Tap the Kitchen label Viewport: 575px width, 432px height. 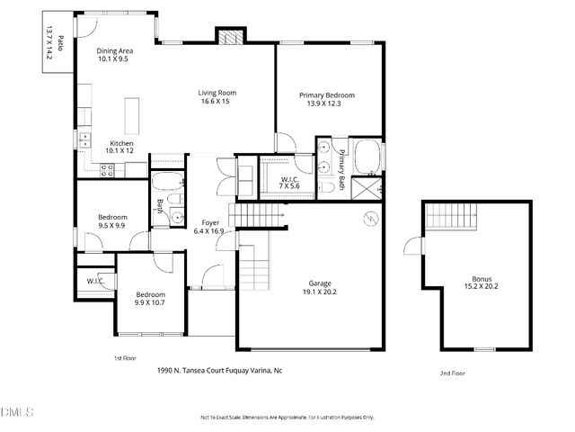point(121,143)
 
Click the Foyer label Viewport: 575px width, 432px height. point(210,221)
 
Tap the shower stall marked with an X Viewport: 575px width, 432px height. point(367,188)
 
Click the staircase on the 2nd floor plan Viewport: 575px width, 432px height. point(447,216)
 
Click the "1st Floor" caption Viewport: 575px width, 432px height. point(124,358)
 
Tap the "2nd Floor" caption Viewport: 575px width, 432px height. point(452,373)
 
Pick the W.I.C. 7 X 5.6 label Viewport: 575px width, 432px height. point(289,182)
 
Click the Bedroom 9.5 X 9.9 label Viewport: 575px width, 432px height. point(112,221)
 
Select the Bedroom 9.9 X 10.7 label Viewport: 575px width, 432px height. point(150,299)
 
